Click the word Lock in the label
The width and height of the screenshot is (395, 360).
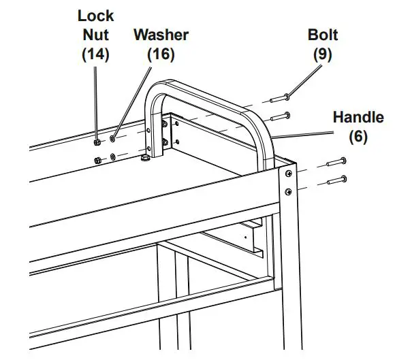click(x=95, y=14)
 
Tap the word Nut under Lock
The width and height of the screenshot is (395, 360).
click(x=95, y=34)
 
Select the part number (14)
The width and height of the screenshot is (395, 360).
click(x=95, y=54)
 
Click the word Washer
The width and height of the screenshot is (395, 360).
click(x=161, y=34)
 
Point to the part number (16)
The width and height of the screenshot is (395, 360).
click(x=161, y=54)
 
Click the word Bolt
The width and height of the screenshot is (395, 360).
click(x=323, y=34)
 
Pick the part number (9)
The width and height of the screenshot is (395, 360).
click(x=323, y=54)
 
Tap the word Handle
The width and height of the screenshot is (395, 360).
click(x=358, y=117)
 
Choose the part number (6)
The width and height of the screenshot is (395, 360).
click(x=358, y=137)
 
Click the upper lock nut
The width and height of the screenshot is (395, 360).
click(x=97, y=142)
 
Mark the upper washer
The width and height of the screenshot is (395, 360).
click(x=112, y=140)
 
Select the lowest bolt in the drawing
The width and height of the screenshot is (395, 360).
click(x=338, y=181)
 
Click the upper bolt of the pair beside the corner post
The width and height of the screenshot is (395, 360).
click(x=338, y=163)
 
